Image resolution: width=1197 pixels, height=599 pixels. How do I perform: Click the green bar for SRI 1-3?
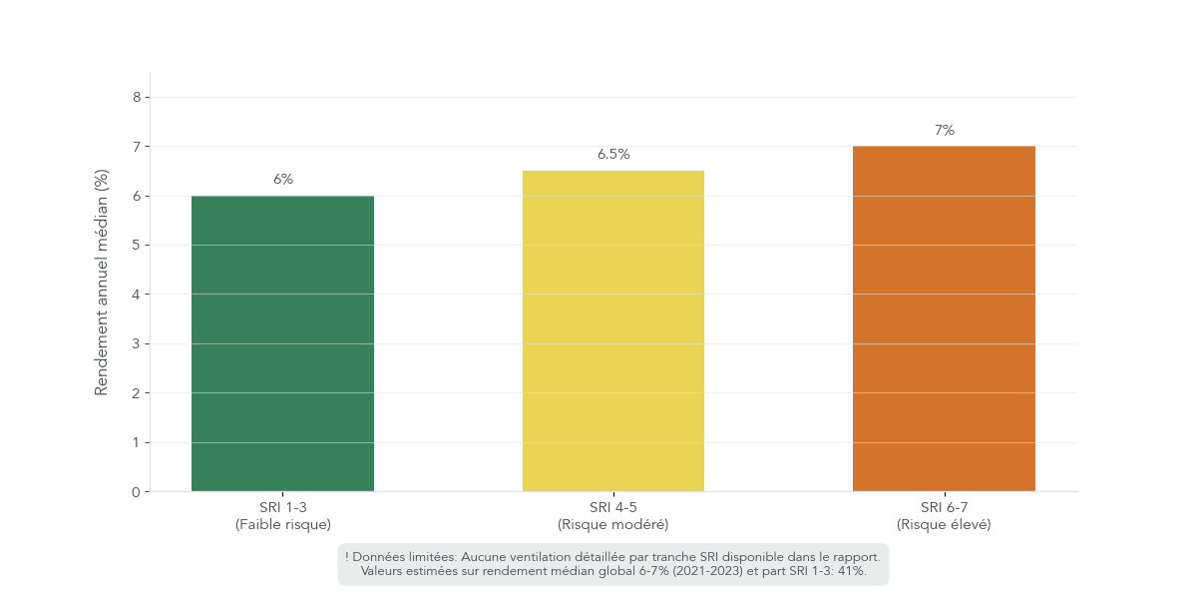(282, 343)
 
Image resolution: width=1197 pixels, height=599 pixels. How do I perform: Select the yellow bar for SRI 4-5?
(612, 331)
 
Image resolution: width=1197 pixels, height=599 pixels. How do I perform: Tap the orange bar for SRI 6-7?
(944, 318)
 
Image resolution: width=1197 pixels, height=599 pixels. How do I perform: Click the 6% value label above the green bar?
(283, 180)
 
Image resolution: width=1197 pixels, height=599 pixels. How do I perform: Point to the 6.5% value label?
(613, 155)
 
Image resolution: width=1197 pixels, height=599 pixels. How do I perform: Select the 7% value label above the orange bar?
(945, 130)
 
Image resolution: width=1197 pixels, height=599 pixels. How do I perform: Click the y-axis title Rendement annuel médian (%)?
(101, 282)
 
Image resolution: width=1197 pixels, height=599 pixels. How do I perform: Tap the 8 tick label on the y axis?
(136, 97)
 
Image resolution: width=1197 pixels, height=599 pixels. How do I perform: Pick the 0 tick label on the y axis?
(136, 491)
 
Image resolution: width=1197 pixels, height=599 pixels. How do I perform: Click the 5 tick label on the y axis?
(136, 245)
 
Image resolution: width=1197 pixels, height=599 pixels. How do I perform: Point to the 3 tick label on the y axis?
(136, 343)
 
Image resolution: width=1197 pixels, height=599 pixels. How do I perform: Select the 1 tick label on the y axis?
(136, 442)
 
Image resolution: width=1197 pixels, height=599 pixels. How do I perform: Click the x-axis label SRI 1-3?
(283, 508)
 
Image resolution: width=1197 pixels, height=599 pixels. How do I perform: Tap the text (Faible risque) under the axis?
(283, 524)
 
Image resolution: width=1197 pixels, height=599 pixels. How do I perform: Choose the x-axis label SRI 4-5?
(613, 508)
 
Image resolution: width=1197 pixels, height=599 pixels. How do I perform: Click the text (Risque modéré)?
(613, 524)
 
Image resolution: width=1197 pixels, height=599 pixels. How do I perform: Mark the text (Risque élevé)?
(944, 524)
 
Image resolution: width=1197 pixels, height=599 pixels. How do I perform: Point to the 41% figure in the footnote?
(851, 571)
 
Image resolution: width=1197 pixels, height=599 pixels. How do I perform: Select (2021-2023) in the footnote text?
(714, 571)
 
